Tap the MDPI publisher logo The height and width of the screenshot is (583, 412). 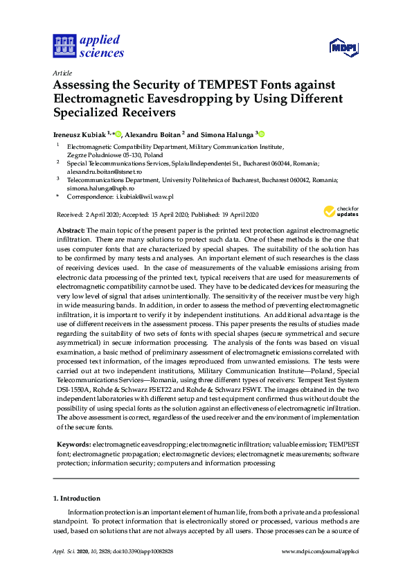coord(342,48)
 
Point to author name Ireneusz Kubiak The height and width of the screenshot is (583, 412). coord(79,134)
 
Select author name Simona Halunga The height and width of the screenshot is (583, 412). coord(227,134)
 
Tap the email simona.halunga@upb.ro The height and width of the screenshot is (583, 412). coord(100,188)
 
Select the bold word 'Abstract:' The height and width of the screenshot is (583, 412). coord(70,229)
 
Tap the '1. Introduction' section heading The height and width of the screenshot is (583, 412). coord(77,498)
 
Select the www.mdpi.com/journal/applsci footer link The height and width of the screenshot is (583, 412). coord(321,552)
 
